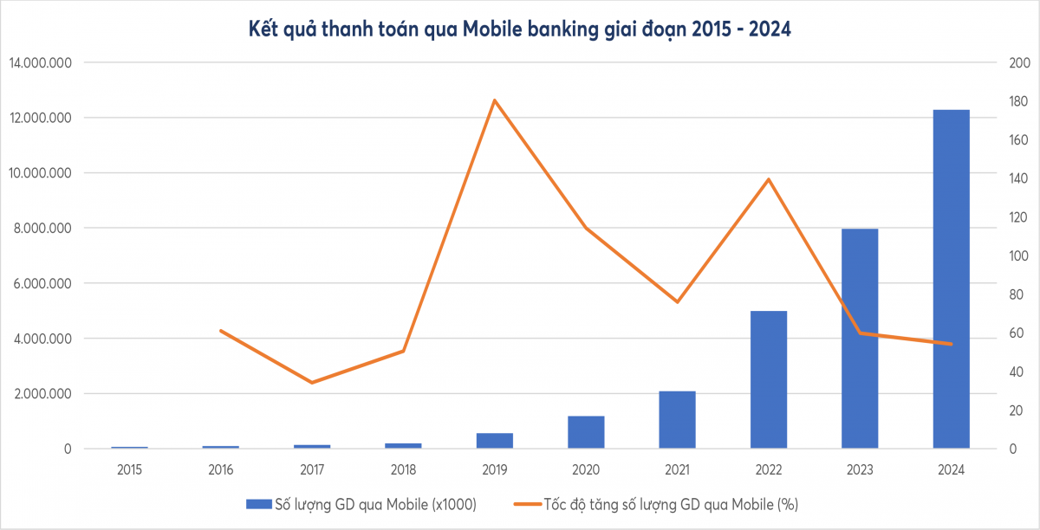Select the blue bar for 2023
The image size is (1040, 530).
[x=860, y=339]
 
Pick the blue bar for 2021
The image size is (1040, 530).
[x=677, y=420]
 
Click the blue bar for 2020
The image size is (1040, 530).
[x=586, y=432]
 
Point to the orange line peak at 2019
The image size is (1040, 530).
[x=494, y=100]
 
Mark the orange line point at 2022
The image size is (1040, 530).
[x=769, y=179]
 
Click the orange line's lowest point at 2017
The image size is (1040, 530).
[x=312, y=382]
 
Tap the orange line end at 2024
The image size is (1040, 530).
[x=951, y=344]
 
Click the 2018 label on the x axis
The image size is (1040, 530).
[x=403, y=469]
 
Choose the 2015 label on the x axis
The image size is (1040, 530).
[x=129, y=469]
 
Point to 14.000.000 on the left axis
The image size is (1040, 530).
[x=42, y=63]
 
